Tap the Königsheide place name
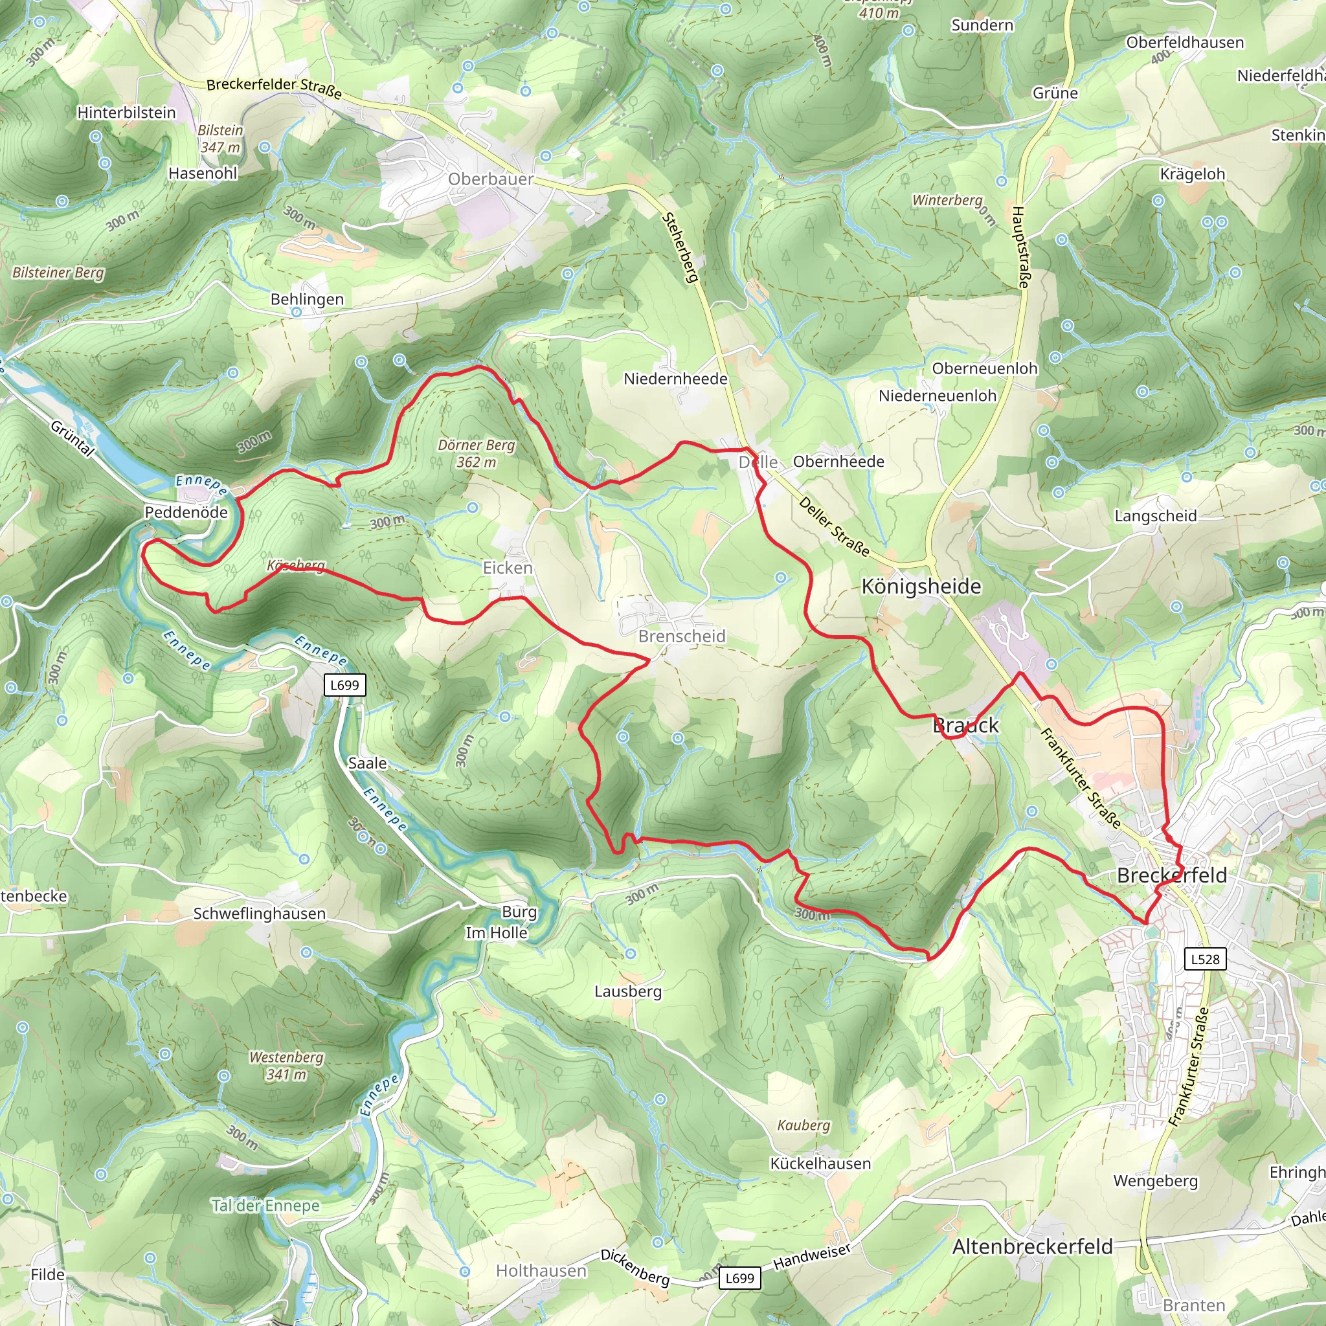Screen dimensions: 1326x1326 pos(921,586)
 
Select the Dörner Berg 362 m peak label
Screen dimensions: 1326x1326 pos(477,453)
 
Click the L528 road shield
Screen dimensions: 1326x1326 pos(1205,959)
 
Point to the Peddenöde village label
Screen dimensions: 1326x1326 pos(186,512)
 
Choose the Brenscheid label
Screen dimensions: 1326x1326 pos(682,636)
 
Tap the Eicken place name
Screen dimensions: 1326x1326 pos(507,568)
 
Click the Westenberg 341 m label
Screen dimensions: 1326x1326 pos(286,1065)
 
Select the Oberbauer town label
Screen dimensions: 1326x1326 pos(491,179)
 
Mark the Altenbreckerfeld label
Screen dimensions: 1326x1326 pos(1031,1246)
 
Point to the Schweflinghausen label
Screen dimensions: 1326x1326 pos(260,914)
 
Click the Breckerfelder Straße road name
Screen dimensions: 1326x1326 pos(274,87)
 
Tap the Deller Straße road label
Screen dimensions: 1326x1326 pos(834,526)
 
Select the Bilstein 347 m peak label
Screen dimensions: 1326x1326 pos(220,138)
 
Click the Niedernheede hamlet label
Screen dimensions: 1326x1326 pos(675,379)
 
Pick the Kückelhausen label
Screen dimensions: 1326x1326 pos(820,1163)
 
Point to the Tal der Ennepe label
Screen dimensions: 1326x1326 pos(265,1205)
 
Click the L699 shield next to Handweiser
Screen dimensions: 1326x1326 pos(739,1278)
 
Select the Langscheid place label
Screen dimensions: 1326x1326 pos(1155,515)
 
